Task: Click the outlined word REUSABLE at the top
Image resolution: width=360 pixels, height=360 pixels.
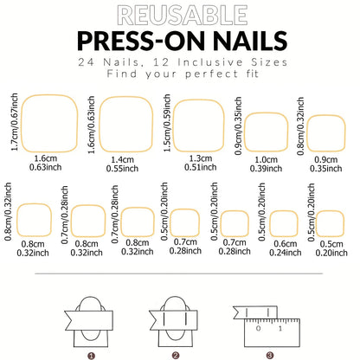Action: pyautogui.click(x=179, y=15)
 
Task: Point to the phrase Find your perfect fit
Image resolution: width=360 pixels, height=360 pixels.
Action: pyautogui.click(x=179, y=74)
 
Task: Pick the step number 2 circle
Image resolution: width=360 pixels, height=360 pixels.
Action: pyautogui.click(x=176, y=353)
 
